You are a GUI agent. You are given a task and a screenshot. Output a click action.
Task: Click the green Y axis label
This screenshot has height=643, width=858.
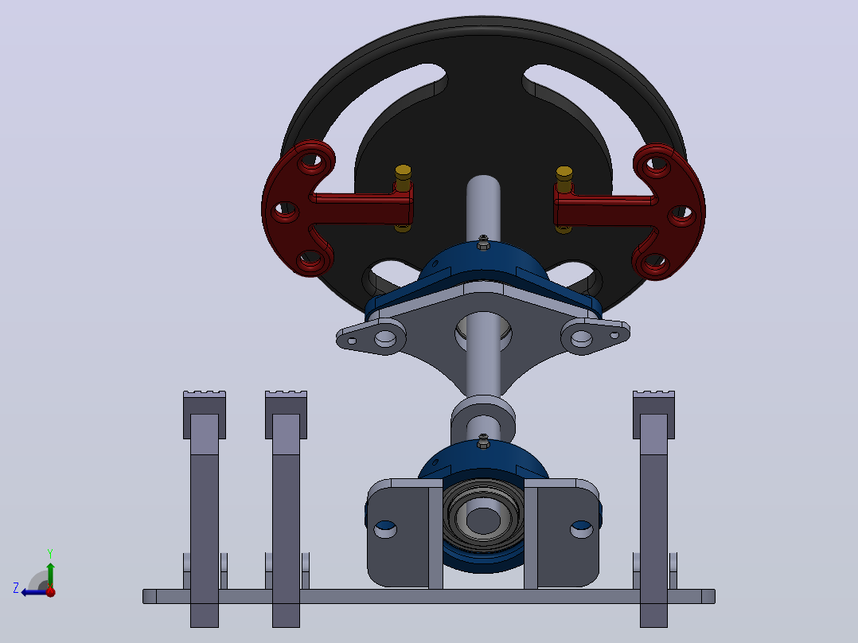click(x=50, y=553)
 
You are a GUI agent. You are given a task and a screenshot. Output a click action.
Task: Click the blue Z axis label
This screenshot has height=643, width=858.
click(x=16, y=588)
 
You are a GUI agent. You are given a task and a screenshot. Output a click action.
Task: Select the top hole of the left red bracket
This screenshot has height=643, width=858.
click(x=310, y=162)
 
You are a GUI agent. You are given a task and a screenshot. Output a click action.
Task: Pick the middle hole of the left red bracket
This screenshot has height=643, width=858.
click(x=285, y=209)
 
